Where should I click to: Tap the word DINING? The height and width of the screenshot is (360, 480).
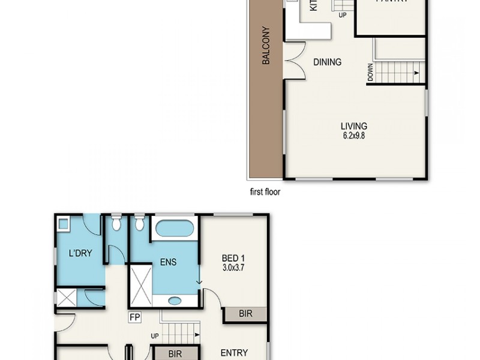(x=327, y=62)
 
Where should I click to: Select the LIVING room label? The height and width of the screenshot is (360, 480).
(x=353, y=126)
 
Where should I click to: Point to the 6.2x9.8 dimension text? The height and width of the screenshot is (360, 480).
(x=353, y=135)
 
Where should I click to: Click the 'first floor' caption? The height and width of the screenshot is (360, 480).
(x=265, y=193)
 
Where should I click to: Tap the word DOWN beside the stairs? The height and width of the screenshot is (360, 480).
(x=371, y=73)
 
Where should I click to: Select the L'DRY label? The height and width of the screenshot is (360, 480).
(x=80, y=253)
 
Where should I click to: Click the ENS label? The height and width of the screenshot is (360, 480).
(x=168, y=262)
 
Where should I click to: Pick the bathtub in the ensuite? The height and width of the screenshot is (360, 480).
(x=173, y=229)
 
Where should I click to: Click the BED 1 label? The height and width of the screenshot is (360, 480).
(x=234, y=259)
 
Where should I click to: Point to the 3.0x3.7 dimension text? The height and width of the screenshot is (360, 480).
(x=234, y=268)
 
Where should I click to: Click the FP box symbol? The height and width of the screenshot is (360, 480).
(x=133, y=317)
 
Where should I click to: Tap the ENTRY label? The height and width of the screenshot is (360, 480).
(x=234, y=353)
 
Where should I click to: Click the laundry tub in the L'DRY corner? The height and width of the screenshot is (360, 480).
(x=64, y=226)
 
